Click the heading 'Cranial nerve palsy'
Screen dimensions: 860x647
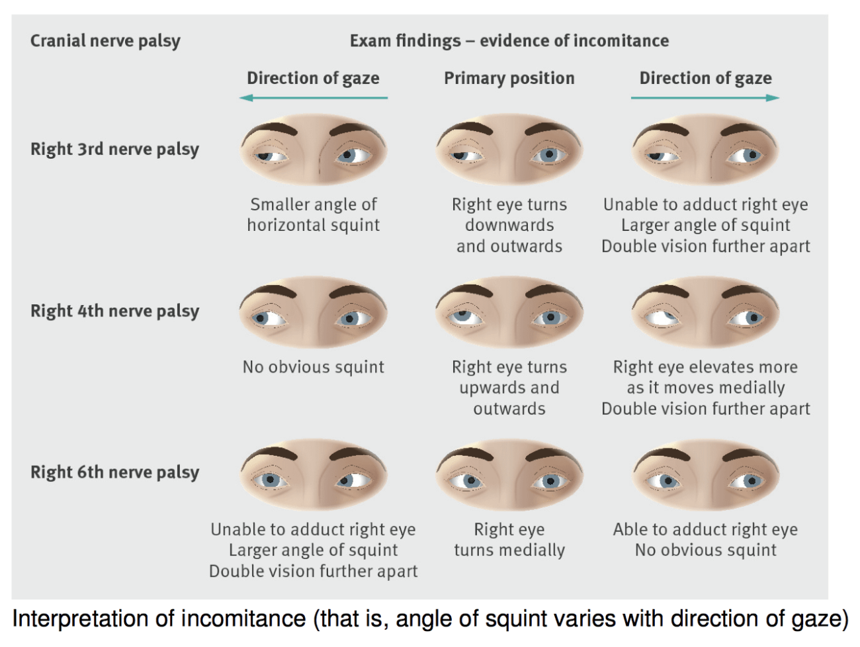pos(105,41)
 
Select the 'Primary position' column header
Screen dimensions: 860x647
pos(509,78)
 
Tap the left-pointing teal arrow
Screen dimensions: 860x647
pos(314,98)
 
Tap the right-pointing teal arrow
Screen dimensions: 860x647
pos(705,98)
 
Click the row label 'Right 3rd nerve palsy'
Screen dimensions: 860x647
pos(114,149)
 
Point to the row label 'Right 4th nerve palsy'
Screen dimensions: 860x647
pos(114,311)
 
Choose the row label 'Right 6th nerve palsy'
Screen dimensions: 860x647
pos(114,472)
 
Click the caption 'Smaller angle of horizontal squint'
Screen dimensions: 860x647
pos(314,214)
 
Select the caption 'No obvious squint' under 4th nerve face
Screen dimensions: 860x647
pos(314,367)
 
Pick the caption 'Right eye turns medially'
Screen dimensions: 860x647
pos(509,539)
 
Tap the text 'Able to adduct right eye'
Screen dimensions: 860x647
pos(705,529)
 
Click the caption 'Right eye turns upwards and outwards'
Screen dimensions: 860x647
pos(509,388)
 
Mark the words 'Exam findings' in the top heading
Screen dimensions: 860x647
pos(405,41)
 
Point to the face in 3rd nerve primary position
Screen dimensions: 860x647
pos(509,150)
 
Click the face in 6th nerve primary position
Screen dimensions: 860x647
pos(509,475)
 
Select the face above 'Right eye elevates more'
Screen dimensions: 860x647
pos(705,312)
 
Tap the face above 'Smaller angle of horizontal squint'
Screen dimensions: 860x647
pos(314,150)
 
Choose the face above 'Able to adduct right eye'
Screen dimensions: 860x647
pos(705,475)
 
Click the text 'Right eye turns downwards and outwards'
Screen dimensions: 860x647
pos(509,225)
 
